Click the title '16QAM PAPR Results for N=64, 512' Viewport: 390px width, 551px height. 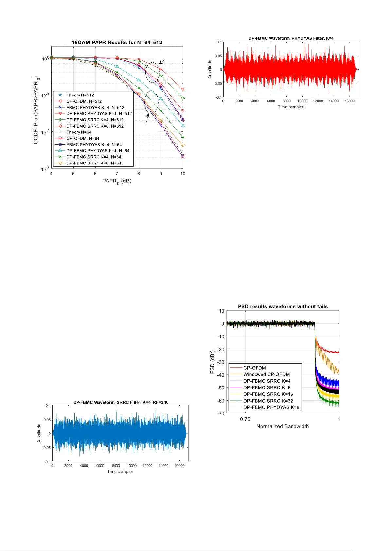click(x=117, y=43)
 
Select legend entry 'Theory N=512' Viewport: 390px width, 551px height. click(x=80, y=95)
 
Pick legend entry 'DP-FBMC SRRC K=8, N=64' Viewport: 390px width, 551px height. click(x=94, y=163)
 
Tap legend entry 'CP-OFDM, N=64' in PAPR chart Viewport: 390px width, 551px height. click(x=83, y=138)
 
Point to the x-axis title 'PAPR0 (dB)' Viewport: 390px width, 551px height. click(x=117, y=181)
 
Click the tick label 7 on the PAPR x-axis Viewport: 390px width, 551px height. click(x=117, y=174)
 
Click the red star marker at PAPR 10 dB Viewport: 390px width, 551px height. click(x=183, y=89)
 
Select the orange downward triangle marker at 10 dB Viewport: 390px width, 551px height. click(x=183, y=146)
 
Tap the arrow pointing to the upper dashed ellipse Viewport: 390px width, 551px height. click(x=162, y=62)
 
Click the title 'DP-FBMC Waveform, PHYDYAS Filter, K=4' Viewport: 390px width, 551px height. click(x=291, y=38)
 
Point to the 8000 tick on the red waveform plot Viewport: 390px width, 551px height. click(x=286, y=101)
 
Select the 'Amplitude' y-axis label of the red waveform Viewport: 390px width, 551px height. click(x=210, y=69)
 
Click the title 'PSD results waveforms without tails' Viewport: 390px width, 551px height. click(x=282, y=307)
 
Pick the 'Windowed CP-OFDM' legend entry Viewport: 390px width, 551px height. click(x=266, y=374)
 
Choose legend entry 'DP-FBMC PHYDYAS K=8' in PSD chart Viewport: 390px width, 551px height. click(x=271, y=407)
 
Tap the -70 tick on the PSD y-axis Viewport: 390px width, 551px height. click(x=221, y=413)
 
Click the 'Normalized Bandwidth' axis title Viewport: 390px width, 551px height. click(x=282, y=426)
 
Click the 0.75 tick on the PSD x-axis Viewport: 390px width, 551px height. click(x=245, y=419)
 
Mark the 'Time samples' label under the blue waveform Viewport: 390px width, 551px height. click(x=120, y=472)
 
